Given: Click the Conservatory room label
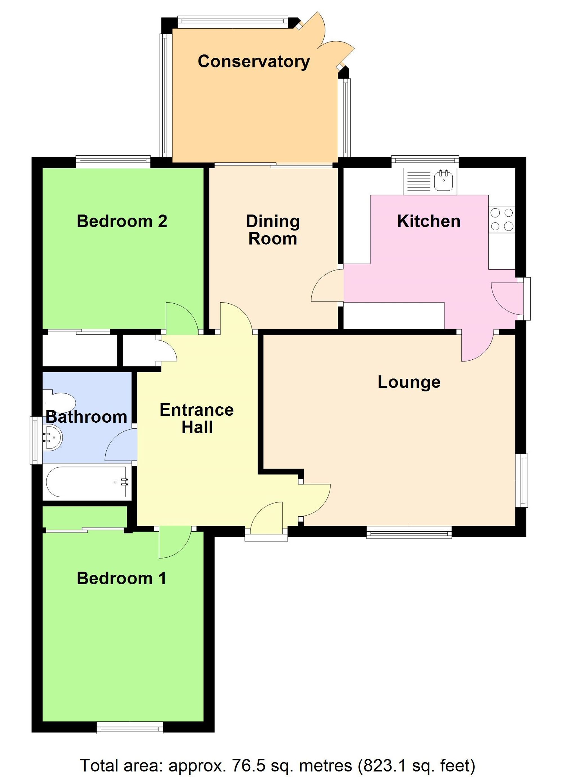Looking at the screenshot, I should tap(254, 62).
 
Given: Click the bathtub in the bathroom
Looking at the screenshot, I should tap(87, 482).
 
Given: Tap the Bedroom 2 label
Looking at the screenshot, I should tap(122, 221).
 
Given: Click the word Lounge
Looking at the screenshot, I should tap(409, 382).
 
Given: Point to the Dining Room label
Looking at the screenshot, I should tap(273, 230).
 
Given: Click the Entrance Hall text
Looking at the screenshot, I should tap(197, 418).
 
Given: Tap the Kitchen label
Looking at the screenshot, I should tap(428, 221).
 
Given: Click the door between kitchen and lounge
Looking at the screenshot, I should tap(478, 346).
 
